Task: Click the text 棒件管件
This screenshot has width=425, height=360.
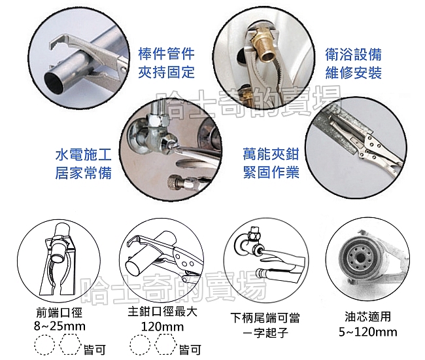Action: (167, 54)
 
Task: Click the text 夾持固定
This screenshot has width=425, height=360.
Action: (167, 72)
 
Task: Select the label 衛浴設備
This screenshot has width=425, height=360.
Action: (354, 54)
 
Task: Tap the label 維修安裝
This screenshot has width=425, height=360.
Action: (354, 73)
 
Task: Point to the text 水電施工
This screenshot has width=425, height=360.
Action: (84, 154)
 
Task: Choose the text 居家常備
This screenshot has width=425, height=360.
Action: (84, 173)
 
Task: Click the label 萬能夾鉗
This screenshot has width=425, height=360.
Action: (271, 154)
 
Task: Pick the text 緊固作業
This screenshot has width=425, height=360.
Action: (271, 172)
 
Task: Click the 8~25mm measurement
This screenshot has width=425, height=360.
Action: (59, 326)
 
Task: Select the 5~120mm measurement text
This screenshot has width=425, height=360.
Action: (368, 332)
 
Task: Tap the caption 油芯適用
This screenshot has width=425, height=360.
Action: (368, 317)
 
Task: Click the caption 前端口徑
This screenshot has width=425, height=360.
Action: (59, 313)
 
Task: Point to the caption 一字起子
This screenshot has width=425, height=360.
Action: (265, 333)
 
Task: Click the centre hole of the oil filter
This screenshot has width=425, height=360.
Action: (360, 259)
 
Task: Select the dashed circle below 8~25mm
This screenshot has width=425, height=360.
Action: (44, 344)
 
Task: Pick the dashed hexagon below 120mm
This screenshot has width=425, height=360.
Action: (165, 344)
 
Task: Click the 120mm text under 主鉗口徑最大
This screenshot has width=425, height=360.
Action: (162, 327)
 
